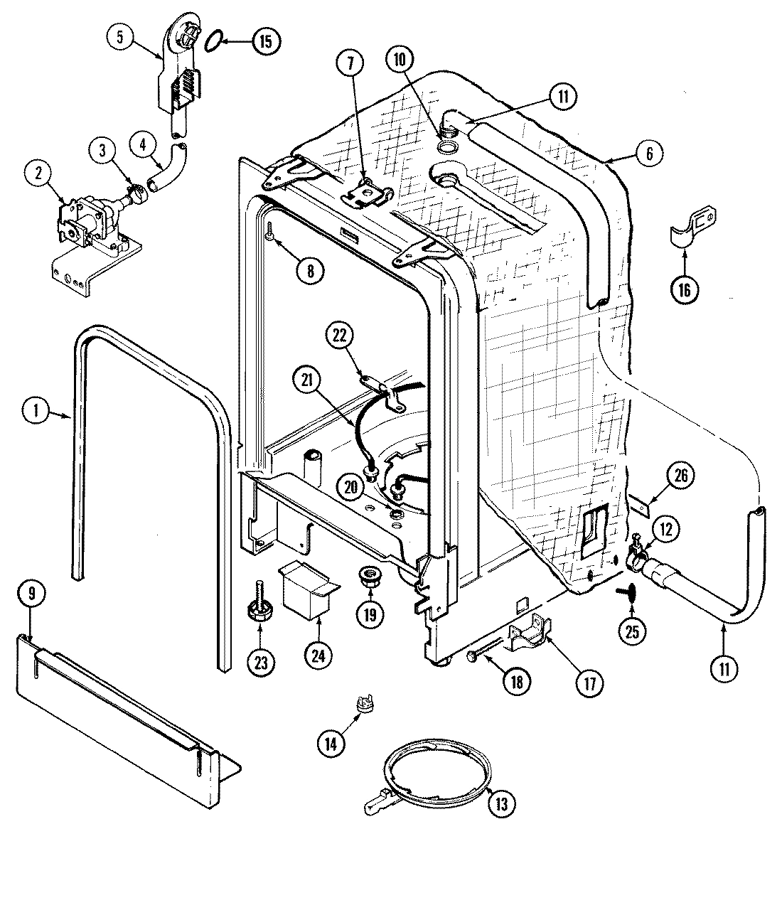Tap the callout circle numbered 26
pyautogui.click(x=681, y=476)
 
